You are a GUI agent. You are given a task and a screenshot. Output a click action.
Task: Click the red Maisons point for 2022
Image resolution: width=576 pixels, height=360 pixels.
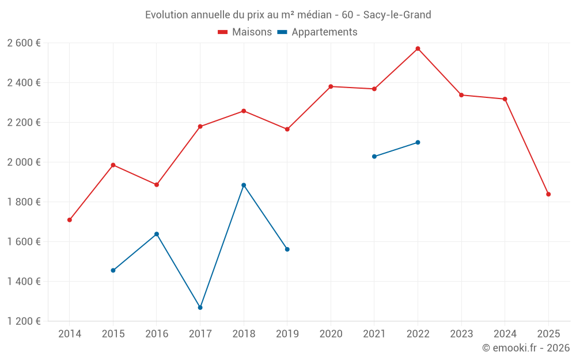(x=418, y=48)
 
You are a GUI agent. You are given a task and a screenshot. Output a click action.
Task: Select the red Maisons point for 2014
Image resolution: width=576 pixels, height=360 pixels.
(x=70, y=220)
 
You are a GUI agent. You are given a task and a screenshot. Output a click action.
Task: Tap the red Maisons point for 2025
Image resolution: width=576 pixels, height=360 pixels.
(x=548, y=194)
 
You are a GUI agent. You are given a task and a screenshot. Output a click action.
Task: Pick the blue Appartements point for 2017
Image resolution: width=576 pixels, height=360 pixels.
(x=200, y=308)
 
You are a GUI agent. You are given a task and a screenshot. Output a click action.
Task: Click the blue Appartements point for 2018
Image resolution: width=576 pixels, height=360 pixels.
(x=244, y=185)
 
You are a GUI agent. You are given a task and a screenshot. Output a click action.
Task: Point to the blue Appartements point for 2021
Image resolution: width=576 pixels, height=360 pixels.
(x=374, y=157)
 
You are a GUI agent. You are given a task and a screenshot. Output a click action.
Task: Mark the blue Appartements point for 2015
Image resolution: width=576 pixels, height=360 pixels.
(x=113, y=270)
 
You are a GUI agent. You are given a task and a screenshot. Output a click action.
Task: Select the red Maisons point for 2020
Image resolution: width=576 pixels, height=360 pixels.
(x=331, y=86)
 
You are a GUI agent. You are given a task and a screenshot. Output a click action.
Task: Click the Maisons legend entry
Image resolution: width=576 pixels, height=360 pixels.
(x=245, y=32)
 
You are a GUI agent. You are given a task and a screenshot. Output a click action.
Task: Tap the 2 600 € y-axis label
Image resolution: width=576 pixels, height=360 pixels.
(x=24, y=43)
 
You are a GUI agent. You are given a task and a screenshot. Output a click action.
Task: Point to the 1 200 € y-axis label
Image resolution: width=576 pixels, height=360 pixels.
(x=24, y=321)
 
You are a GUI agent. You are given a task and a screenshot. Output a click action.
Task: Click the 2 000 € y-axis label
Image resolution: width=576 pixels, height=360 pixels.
(x=24, y=162)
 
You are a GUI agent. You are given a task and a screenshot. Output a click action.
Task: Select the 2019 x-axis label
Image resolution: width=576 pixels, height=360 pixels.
(x=287, y=334)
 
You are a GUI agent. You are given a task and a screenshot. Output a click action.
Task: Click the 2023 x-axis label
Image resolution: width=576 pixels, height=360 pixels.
(x=461, y=334)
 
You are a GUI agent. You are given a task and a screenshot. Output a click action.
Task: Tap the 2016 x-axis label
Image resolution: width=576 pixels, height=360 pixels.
(x=157, y=334)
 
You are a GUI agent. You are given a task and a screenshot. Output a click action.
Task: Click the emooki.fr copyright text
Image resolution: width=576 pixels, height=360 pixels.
(x=525, y=348)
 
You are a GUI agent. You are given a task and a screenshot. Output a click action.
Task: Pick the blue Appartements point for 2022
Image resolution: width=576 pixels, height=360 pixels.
(x=418, y=142)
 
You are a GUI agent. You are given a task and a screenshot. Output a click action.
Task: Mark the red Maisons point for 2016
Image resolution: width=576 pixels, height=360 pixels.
(x=157, y=185)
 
